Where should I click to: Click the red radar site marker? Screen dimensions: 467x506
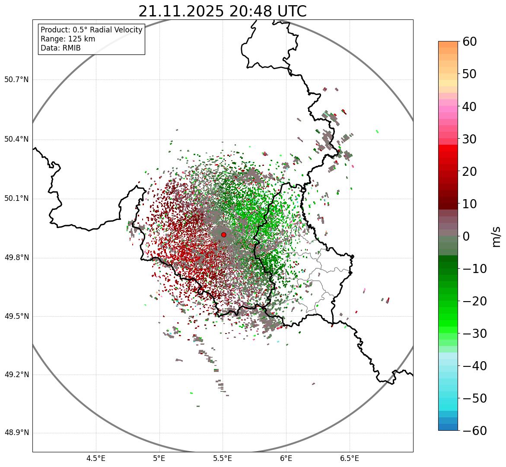click(x=223, y=235)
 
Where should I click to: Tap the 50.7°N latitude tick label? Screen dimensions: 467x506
click(x=16, y=80)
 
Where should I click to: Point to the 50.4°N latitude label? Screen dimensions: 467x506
click(x=16, y=140)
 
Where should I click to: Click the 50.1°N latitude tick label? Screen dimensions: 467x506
click(x=16, y=199)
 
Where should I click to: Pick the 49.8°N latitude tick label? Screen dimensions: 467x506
click(x=16, y=258)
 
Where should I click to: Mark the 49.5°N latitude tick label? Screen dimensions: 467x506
click(x=16, y=316)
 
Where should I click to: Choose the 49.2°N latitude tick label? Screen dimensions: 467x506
click(x=16, y=375)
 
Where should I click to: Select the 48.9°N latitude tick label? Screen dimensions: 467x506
click(x=16, y=433)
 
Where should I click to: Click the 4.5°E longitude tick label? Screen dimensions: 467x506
click(x=96, y=458)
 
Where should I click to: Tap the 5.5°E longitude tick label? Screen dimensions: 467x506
click(x=223, y=458)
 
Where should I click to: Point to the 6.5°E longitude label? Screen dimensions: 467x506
click(x=349, y=458)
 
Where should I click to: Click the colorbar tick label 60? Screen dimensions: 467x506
click(x=469, y=42)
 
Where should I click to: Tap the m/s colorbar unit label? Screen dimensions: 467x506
click(x=496, y=236)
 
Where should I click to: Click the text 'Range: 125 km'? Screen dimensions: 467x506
click(x=68, y=39)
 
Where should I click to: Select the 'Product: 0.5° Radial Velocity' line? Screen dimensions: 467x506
click(x=91, y=30)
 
